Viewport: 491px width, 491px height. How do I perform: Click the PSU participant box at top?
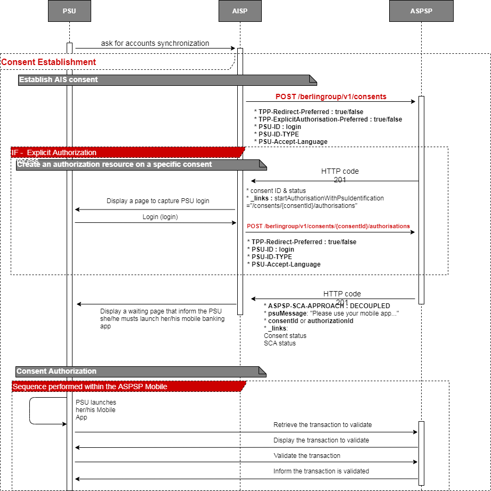[x=69, y=11]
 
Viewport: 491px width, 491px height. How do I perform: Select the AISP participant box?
[x=240, y=11]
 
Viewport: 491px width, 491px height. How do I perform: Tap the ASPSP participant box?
[x=421, y=11]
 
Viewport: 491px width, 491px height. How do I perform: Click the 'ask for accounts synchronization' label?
[x=155, y=43]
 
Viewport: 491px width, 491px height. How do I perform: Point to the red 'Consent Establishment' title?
[x=49, y=62]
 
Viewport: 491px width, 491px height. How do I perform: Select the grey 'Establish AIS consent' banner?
[x=59, y=80]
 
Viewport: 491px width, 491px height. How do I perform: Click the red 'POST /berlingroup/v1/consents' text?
[x=331, y=97]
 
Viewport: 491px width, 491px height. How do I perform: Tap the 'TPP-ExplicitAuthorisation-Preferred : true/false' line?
[x=330, y=119]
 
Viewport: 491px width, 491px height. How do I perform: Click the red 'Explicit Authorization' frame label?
[x=61, y=153]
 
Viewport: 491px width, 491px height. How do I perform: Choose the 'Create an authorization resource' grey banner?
[x=115, y=164]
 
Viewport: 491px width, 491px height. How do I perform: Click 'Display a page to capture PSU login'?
[x=158, y=201]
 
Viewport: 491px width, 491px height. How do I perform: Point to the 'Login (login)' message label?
[x=160, y=217]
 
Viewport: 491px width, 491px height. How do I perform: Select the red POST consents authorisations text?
[x=328, y=226]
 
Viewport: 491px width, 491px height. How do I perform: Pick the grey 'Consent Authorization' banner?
[x=57, y=371]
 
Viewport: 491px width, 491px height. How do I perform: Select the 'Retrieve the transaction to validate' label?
[x=323, y=425]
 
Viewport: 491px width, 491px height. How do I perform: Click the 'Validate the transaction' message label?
[x=307, y=456]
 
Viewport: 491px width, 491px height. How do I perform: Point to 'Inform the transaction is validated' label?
[x=321, y=471]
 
